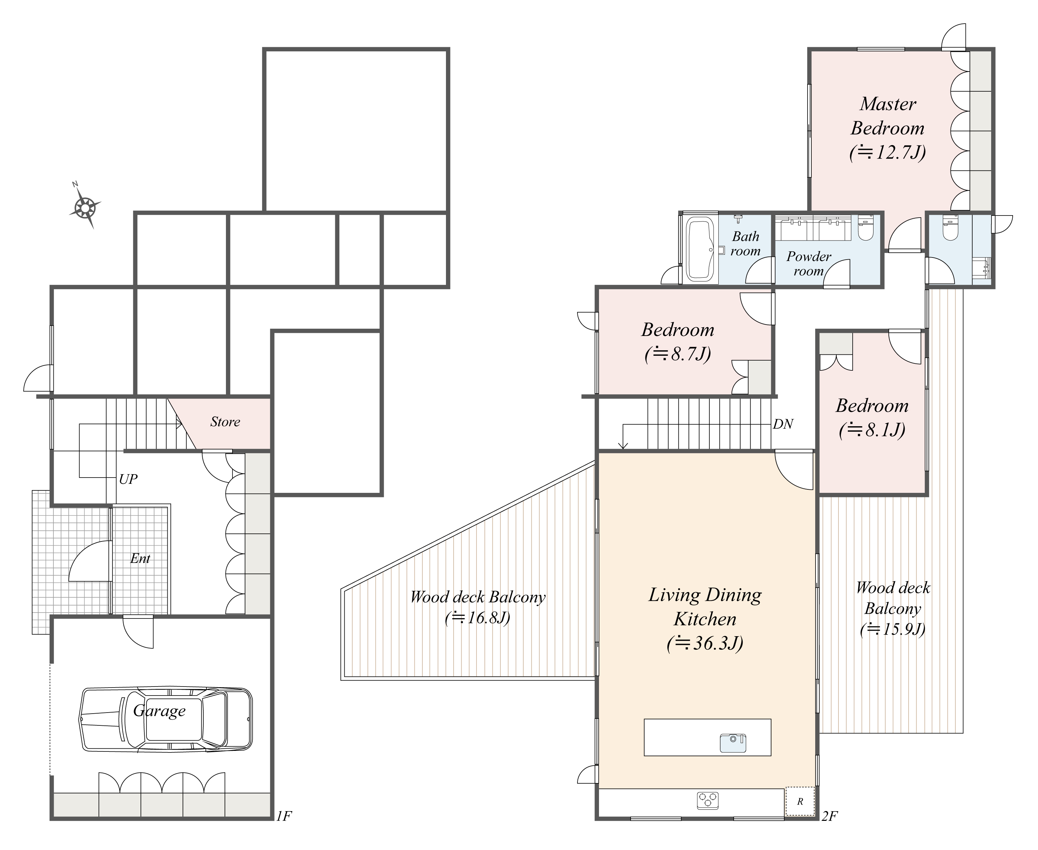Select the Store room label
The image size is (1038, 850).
tap(225, 422)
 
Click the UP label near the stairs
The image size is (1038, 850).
tap(128, 479)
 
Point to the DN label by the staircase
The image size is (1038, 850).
tap(783, 424)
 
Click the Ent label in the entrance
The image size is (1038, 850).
tap(141, 559)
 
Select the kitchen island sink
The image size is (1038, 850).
tap(733, 743)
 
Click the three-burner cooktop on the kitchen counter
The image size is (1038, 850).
tap(708, 814)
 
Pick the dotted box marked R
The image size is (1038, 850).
tap(800, 815)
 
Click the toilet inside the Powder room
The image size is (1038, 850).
tap(866, 229)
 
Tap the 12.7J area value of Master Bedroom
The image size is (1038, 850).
tap(888, 153)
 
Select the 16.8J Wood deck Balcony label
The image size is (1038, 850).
tap(478, 618)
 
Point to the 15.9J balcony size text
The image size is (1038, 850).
tap(893, 629)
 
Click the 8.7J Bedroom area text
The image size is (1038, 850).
tap(678, 354)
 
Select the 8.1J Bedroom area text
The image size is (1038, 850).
tap(872, 430)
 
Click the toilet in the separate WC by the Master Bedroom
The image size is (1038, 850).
tap(950, 229)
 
